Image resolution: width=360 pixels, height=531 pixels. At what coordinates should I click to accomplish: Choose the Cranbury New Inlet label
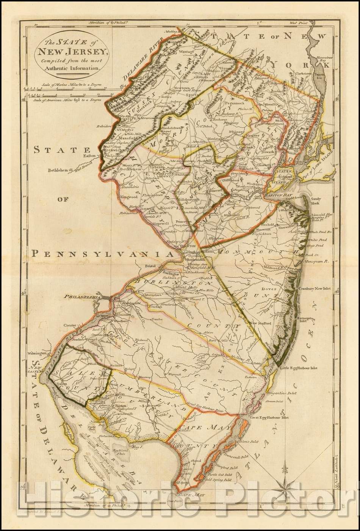[315, 289]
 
